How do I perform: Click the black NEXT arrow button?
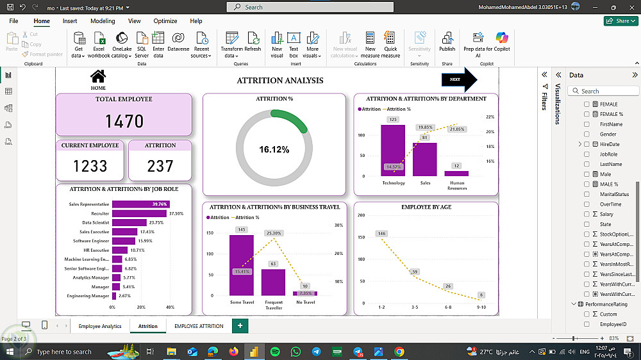[459, 79]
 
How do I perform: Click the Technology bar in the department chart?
[393, 150]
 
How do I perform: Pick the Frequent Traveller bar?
[273, 282]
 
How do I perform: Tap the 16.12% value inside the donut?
[274, 150]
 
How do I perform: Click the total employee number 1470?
[124, 121]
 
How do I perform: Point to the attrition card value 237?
[160, 166]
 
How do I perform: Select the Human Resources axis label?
[457, 186]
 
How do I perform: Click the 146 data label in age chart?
[381, 234]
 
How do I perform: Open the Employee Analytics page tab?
[100, 326]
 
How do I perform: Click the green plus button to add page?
[240, 325]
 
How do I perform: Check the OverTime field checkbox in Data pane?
[587, 204]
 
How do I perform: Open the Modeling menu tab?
[103, 21]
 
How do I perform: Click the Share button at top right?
[619, 21]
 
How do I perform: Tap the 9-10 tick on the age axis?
[481, 307]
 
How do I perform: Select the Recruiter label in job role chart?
[100, 213]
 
